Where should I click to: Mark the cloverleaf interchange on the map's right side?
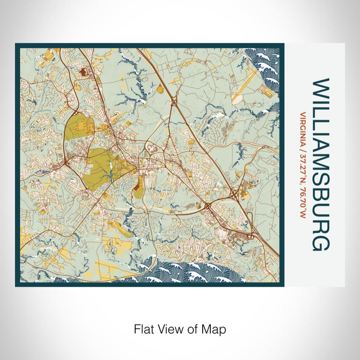tap(236, 195)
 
